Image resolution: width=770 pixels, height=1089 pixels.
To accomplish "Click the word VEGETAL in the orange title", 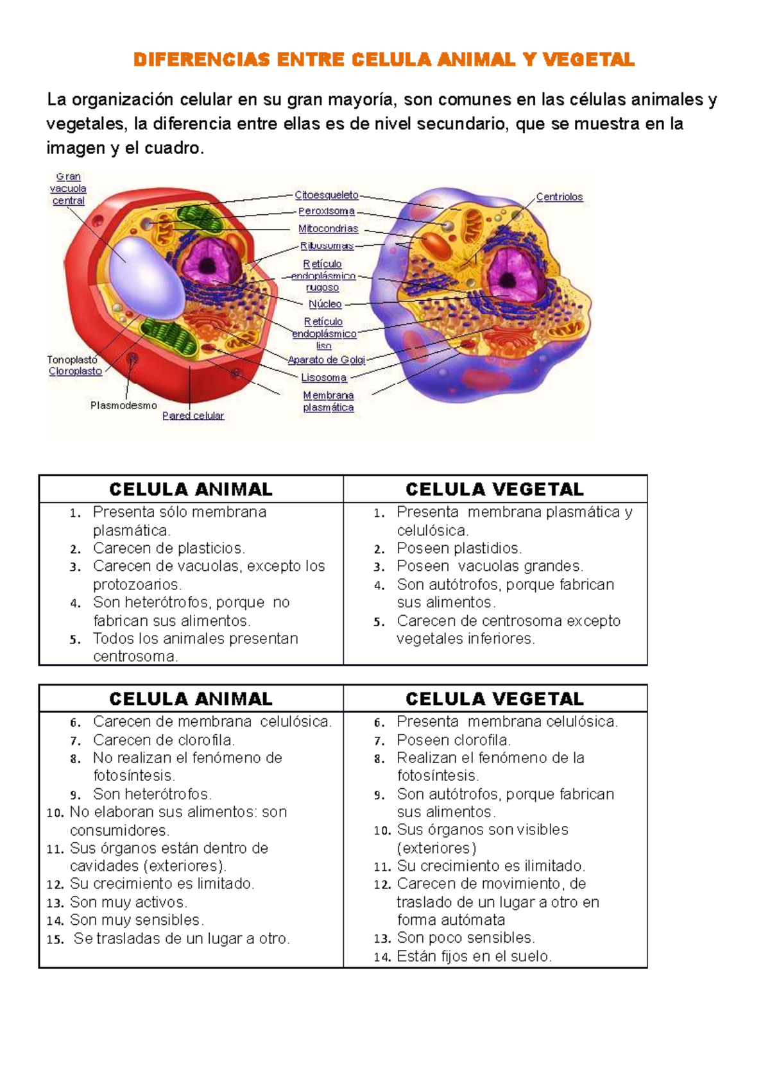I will [x=588, y=60].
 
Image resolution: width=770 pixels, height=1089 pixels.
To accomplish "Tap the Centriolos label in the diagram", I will [x=559, y=197].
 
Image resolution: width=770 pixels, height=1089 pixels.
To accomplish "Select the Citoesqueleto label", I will [x=326, y=195].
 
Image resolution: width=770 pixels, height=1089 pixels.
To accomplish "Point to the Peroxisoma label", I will [x=326, y=211].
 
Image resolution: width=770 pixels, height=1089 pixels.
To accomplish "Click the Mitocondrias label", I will [x=328, y=228].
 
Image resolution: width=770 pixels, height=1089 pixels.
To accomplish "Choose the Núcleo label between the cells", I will [x=325, y=304].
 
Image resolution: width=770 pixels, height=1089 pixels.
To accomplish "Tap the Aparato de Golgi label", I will [x=326, y=360].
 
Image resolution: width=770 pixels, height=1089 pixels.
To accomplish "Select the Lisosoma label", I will [x=323, y=378].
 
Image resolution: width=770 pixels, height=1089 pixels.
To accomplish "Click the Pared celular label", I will [x=193, y=416].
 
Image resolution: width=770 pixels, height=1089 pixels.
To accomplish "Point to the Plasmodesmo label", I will [x=123, y=405].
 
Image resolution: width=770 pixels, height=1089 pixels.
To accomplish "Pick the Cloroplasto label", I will [x=75, y=371].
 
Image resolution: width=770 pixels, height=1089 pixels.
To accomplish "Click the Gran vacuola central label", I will [x=68, y=189].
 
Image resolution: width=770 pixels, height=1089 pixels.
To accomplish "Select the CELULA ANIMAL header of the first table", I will [x=191, y=489].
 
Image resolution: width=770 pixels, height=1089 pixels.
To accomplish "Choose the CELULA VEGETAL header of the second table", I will [x=494, y=698].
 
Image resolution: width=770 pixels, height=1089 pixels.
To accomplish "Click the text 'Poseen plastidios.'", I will [x=459, y=548].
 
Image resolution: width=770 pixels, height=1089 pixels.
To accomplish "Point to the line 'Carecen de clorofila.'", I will [x=164, y=740].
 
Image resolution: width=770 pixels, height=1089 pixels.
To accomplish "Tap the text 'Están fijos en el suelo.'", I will [x=474, y=956].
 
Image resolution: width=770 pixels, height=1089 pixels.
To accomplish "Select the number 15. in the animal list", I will [x=55, y=940].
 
